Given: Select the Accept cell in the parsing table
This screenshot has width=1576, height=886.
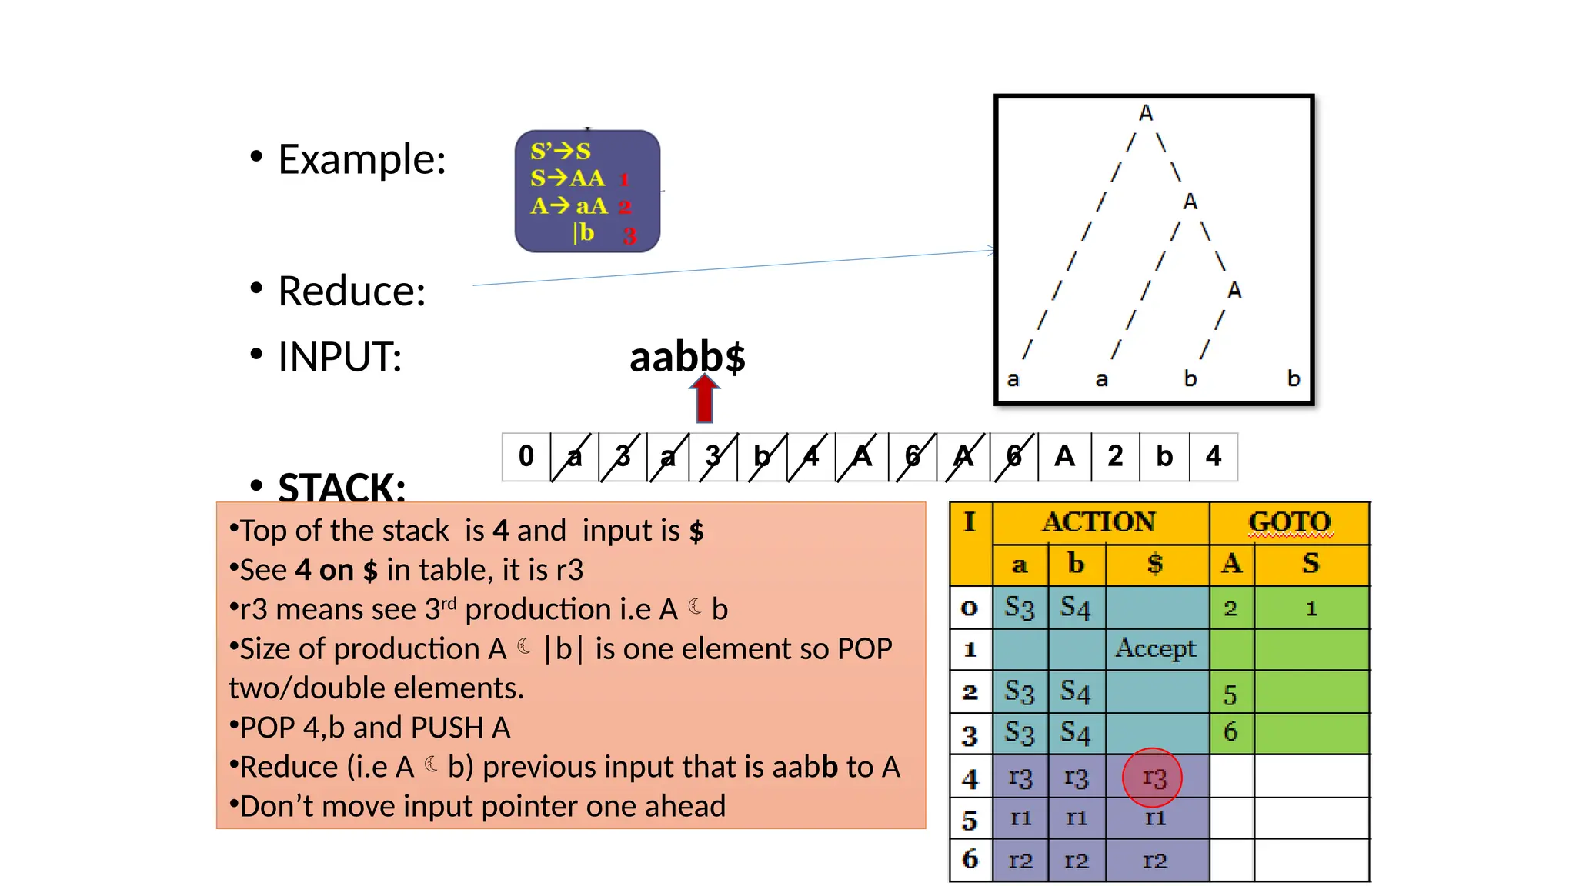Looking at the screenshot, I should (1156, 648).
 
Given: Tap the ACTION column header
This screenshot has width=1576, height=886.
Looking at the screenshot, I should (1099, 522).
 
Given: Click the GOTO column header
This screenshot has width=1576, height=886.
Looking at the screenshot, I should (1289, 522).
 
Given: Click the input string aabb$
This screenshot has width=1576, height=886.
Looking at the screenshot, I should (687, 358).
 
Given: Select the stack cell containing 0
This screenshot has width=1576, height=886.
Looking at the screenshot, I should (526, 457).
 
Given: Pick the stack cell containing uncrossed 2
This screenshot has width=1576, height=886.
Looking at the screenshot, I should (1115, 457).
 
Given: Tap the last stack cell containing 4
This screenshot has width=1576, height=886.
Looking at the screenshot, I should (1214, 457).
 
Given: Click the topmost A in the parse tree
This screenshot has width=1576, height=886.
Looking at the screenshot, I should (1146, 113).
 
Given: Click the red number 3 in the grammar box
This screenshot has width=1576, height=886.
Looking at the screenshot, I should (629, 236).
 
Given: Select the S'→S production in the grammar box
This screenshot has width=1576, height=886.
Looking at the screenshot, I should (560, 151).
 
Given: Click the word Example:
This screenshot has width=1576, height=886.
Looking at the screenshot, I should (362, 159).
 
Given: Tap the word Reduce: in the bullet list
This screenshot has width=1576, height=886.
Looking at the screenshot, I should (352, 291).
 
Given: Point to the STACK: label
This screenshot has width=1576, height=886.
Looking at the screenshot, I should (342, 487).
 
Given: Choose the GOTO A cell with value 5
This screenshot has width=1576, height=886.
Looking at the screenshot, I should (1230, 694).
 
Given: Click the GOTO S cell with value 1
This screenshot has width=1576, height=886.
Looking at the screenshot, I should (1311, 609).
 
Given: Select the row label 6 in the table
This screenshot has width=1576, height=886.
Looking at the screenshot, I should (970, 859).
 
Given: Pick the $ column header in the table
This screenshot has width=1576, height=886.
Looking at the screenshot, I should (1155, 564).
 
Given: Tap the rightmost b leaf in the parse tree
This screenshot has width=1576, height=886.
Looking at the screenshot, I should (1294, 378).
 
